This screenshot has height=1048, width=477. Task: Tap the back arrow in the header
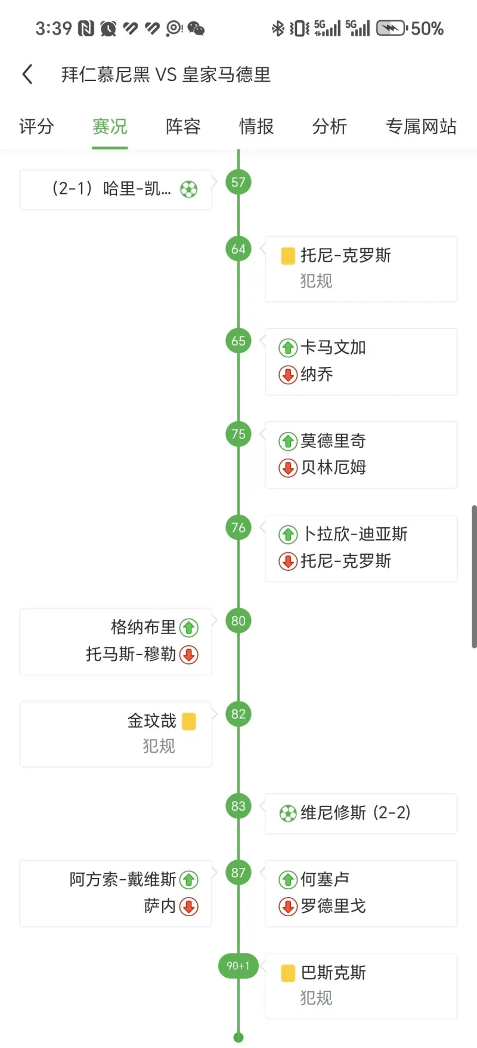(x=27, y=75)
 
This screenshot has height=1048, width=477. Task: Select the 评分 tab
(x=36, y=126)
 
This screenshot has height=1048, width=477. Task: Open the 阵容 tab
(x=183, y=126)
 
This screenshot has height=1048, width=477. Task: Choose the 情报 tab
(x=256, y=126)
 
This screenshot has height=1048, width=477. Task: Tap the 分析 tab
(x=330, y=126)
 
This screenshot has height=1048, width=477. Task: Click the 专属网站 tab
(x=421, y=126)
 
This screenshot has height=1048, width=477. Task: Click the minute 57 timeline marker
(x=238, y=183)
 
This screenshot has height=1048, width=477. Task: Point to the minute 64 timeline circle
(x=238, y=249)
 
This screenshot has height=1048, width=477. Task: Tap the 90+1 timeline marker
(x=238, y=966)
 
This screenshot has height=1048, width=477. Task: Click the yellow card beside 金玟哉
(x=189, y=721)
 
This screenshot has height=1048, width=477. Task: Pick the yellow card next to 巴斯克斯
(x=288, y=973)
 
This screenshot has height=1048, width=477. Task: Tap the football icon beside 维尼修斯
(x=288, y=813)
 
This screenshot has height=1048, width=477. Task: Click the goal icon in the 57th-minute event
(x=189, y=190)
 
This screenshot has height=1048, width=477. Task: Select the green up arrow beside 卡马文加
(x=288, y=348)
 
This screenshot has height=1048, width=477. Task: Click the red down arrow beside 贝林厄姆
(x=288, y=468)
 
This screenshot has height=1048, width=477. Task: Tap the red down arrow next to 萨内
(x=189, y=907)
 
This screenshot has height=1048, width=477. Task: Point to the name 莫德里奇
(x=333, y=441)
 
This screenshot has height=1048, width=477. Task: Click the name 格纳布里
(x=143, y=627)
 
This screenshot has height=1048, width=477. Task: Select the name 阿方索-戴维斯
(x=123, y=880)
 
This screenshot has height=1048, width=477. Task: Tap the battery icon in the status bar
(x=391, y=28)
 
